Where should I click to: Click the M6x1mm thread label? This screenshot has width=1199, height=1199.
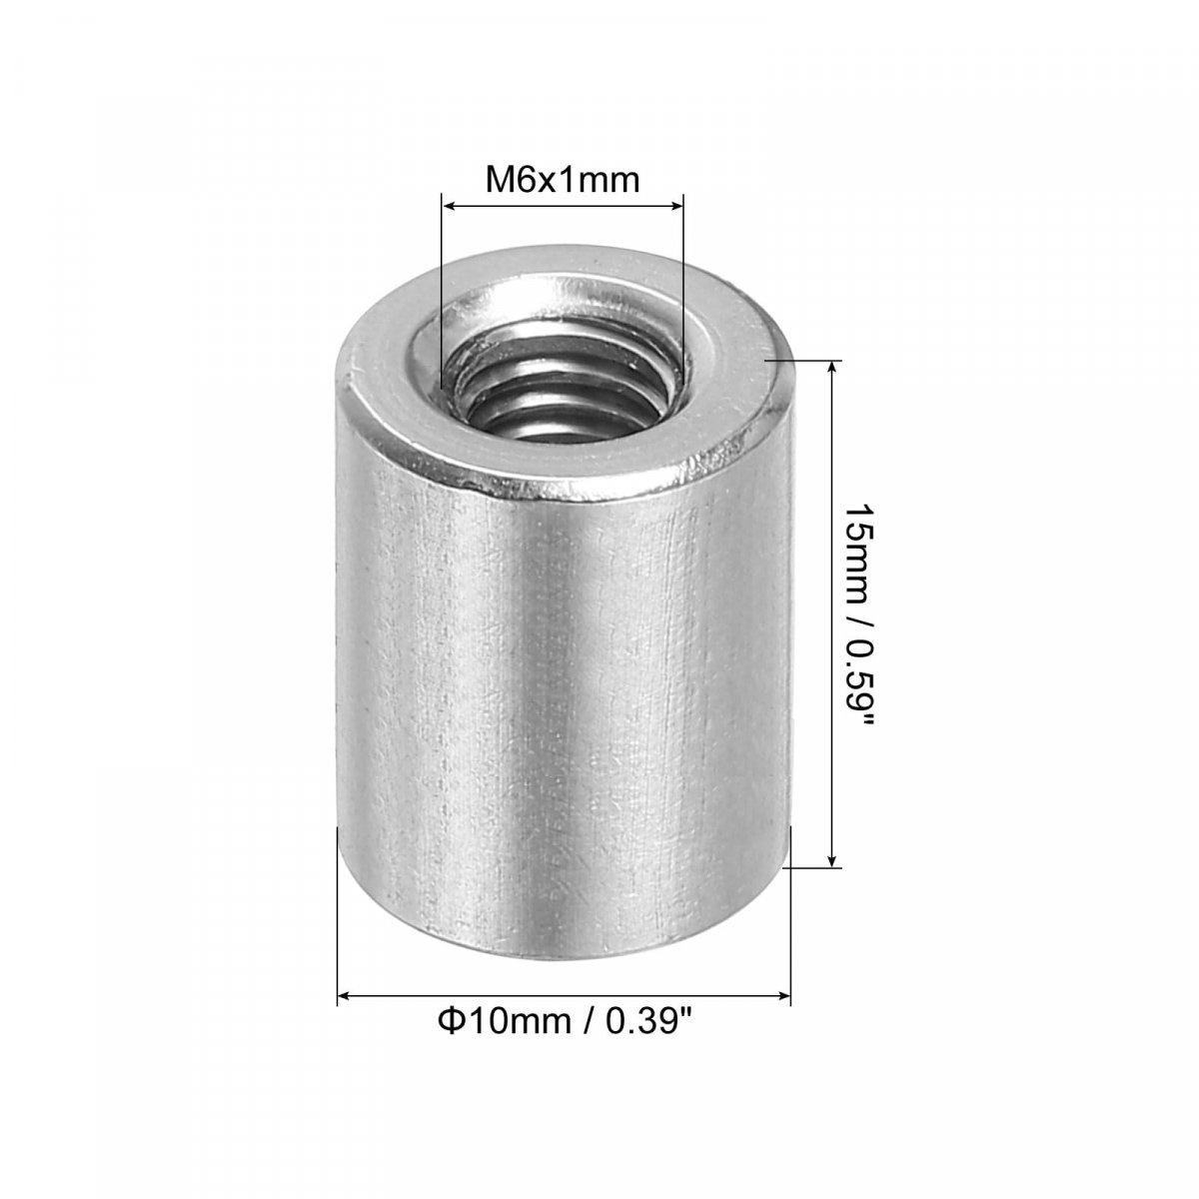click(x=562, y=181)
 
